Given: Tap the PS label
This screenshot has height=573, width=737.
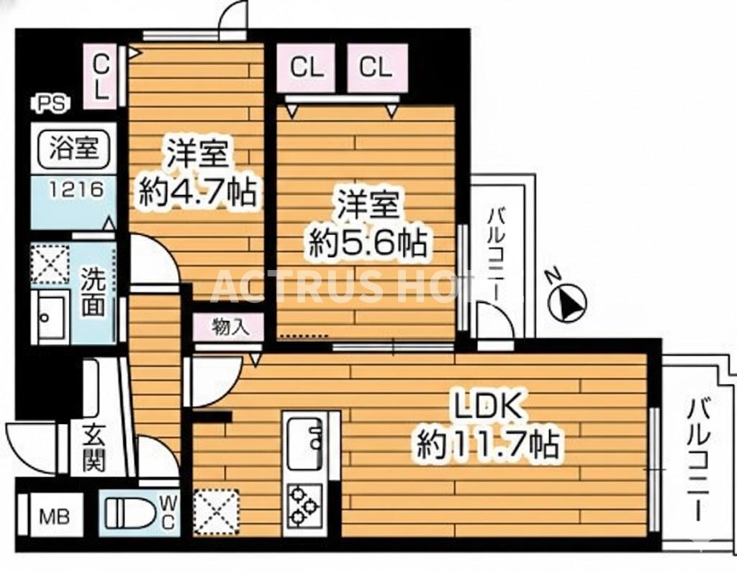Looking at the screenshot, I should [50, 103].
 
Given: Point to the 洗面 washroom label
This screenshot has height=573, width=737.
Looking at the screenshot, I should [93, 293].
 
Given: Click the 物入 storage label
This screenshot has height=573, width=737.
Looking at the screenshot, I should [230, 328].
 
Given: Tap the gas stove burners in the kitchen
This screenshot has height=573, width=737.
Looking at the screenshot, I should [303, 506].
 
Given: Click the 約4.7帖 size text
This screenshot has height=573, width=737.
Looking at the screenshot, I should [197, 192].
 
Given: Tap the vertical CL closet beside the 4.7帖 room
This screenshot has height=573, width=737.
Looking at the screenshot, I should [101, 78].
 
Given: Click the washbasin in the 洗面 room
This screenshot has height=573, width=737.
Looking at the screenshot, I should [50, 317].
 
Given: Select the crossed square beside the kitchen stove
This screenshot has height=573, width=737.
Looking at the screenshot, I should [217, 510].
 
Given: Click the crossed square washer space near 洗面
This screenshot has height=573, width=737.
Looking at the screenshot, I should [50, 264].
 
